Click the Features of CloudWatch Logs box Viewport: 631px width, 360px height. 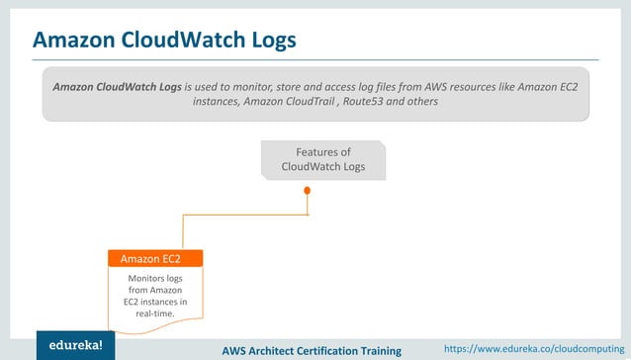(x=323, y=159)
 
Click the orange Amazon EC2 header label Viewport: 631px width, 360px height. (x=154, y=259)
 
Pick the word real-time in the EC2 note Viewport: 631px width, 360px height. (x=154, y=314)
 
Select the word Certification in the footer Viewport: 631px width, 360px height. (x=319, y=350)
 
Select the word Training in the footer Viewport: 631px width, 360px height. (x=378, y=350)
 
